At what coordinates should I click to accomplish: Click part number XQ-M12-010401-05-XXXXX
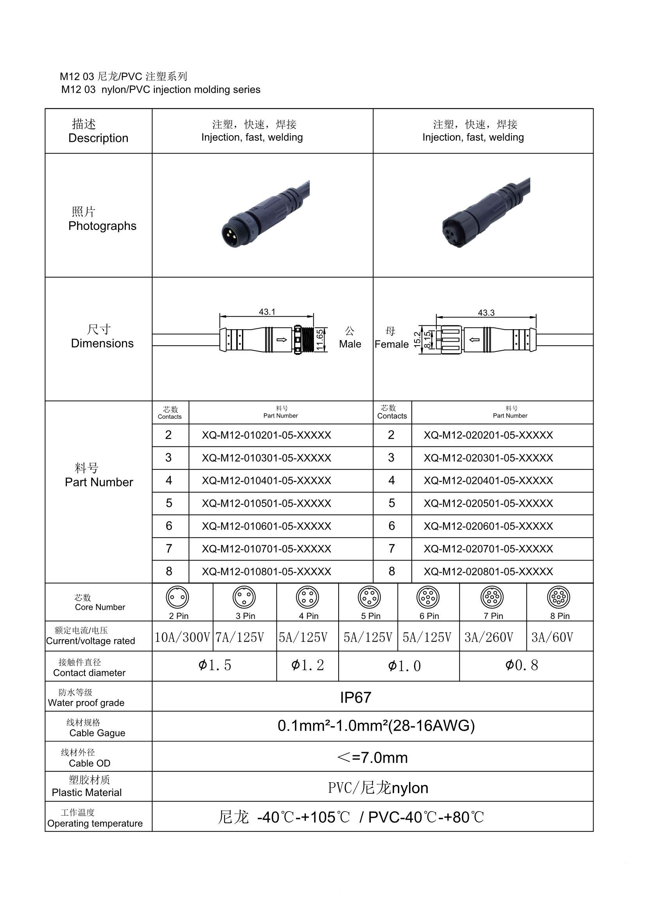(x=266, y=480)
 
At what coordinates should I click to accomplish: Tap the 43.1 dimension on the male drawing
(x=267, y=312)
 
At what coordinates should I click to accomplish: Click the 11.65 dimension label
(x=320, y=340)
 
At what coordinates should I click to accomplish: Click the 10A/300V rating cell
(x=182, y=637)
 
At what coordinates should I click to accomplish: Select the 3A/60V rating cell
(x=552, y=637)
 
